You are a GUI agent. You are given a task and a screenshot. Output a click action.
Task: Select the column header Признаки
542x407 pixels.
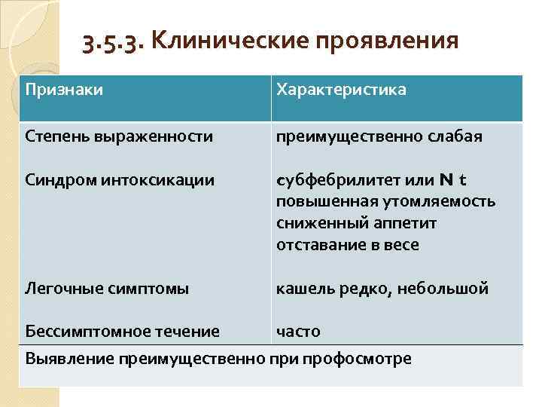[x=64, y=90]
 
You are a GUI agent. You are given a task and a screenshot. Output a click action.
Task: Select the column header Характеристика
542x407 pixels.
[x=341, y=90]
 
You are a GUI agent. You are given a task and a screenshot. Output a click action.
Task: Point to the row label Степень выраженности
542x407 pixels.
[x=119, y=137]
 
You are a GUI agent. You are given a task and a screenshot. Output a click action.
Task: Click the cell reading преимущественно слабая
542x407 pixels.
[x=379, y=137]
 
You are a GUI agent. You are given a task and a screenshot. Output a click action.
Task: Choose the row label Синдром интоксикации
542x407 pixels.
[x=120, y=180]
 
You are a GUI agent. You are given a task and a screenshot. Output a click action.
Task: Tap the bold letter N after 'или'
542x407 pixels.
[x=447, y=180]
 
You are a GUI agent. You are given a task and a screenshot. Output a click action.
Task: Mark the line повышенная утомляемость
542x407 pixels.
[x=385, y=201]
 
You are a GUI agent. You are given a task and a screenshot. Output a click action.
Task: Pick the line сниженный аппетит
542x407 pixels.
[x=356, y=223]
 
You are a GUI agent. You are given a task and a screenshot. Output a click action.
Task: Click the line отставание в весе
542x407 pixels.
[x=347, y=245]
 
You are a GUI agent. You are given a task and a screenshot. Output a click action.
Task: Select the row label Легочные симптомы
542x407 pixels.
[x=107, y=288]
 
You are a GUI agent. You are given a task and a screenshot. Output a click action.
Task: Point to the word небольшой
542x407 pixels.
[x=451, y=288]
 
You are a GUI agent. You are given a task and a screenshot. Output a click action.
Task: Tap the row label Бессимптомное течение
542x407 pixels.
[x=123, y=331]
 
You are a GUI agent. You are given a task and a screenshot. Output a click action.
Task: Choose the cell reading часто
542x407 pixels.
[x=298, y=331]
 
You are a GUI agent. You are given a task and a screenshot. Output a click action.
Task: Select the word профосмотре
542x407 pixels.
[x=358, y=358]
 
